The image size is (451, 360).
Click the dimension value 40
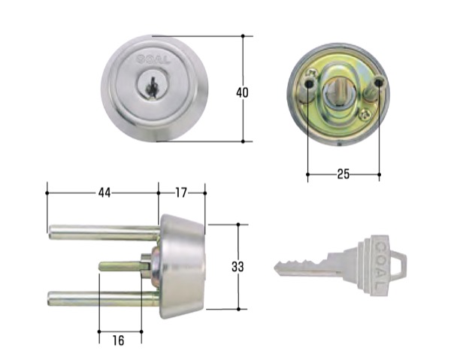click(x=242, y=92)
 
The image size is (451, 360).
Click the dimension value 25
click(x=344, y=174)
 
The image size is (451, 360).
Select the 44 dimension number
click(x=104, y=192)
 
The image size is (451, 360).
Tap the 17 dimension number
click(x=181, y=192)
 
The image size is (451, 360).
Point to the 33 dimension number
click(x=238, y=267)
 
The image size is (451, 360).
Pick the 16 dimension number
click(x=118, y=340)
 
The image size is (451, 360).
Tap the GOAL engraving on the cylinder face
click(x=153, y=60)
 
